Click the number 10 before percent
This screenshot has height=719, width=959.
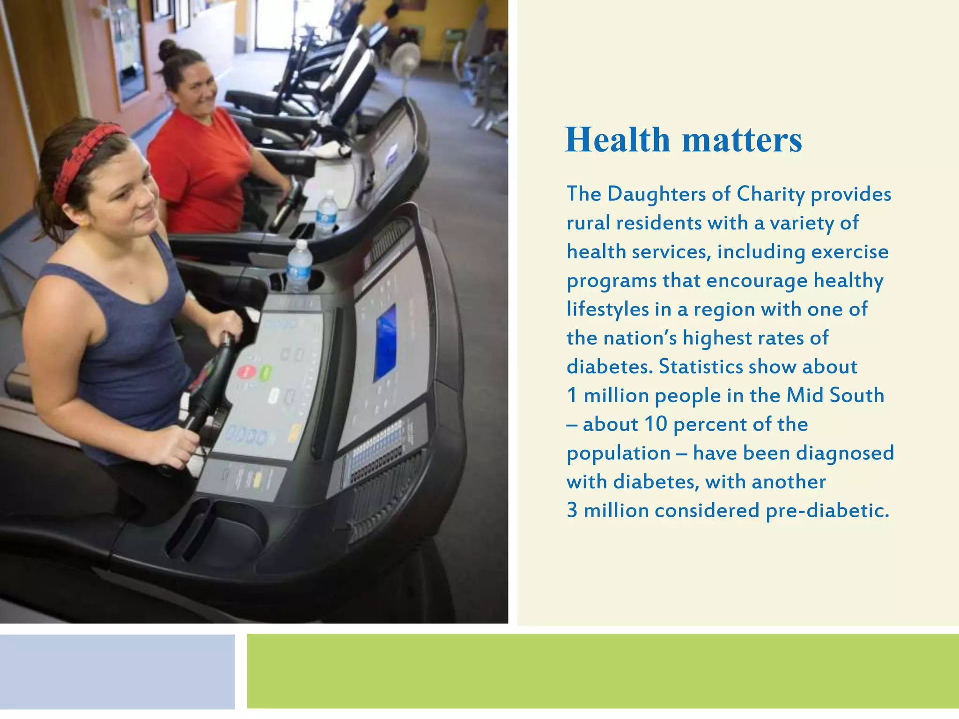pos(656,424)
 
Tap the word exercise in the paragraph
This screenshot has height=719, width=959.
pos(849,252)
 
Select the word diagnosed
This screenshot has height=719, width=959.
pos(845,453)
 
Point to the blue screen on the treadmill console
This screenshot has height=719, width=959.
pos(385,342)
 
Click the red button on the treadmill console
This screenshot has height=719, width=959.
pos(246,372)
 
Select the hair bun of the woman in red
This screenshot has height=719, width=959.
pos(168,50)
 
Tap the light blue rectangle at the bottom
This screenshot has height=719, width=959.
pos(117,671)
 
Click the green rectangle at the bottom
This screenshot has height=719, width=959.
pos(603,671)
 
